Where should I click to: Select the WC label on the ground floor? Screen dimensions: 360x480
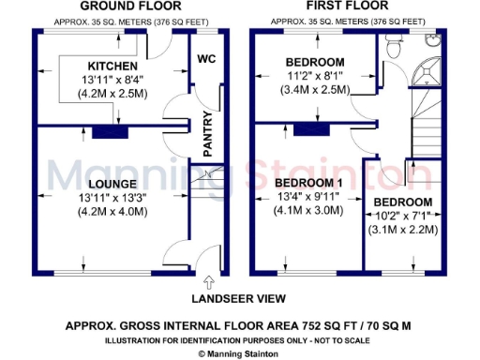[207, 59]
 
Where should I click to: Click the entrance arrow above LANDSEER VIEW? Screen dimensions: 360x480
[207, 282]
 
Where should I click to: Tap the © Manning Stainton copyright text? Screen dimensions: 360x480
[240, 352]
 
